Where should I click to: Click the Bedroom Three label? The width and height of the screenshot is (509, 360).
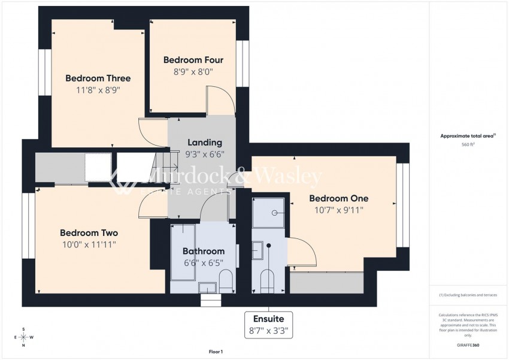(98, 78)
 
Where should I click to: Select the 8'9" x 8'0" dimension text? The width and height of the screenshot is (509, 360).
(193, 72)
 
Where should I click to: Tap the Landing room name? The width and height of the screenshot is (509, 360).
(205, 143)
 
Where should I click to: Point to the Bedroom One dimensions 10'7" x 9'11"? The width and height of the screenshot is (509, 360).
(339, 210)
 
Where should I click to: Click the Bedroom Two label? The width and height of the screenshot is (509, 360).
(89, 233)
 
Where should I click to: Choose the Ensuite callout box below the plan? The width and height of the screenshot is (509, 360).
(269, 324)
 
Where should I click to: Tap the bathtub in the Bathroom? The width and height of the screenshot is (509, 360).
(180, 252)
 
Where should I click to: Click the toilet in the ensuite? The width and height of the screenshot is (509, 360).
(267, 279)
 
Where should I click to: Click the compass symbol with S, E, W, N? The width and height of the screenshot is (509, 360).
(23, 337)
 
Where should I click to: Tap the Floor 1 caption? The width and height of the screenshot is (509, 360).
(215, 352)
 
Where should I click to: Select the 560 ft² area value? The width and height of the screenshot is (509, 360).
(468, 144)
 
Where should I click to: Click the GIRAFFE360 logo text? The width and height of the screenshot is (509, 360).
(468, 345)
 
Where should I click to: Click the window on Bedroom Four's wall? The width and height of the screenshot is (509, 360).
(243, 63)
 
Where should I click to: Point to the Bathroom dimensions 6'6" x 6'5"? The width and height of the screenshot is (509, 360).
(204, 262)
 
